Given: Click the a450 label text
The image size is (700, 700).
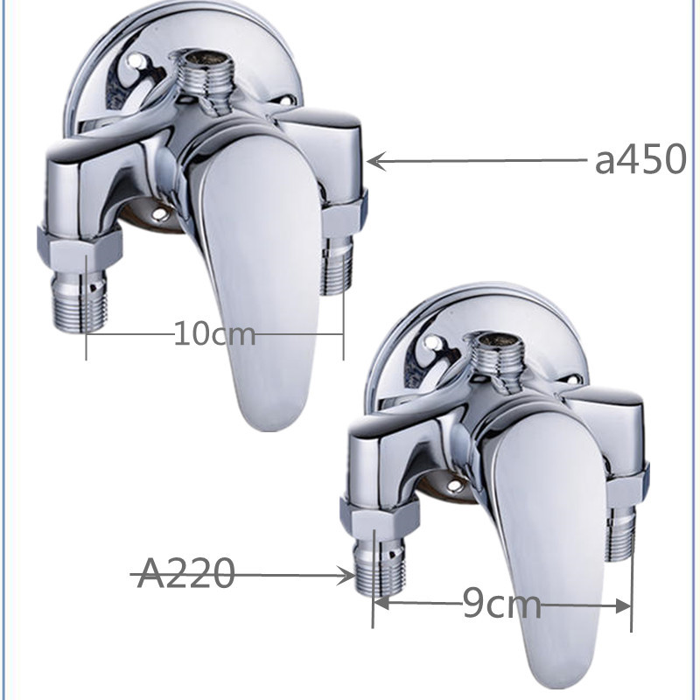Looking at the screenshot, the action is tap(640, 159).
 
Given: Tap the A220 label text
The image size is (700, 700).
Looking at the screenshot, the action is tap(185, 573).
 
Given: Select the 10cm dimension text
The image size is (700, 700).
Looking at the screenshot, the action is tap(214, 333).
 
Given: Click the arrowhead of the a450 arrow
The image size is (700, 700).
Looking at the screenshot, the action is tap(376, 161).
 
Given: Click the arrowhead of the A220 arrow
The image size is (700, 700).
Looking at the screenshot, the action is tap(347, 576).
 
